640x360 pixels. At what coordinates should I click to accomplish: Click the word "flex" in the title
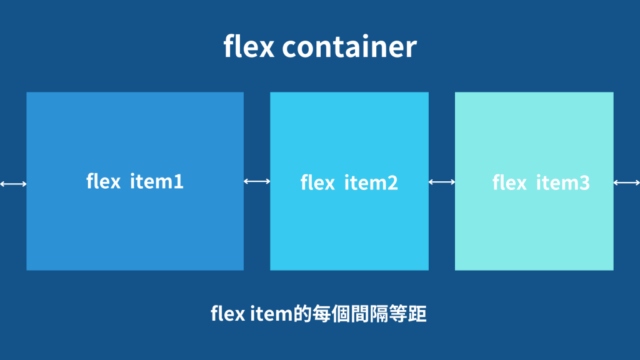coord(248,47)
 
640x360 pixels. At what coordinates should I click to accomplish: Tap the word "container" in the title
coord(349,47)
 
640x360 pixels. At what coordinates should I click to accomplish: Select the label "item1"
coord(157,182)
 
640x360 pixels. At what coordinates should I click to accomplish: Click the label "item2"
coord(371,183)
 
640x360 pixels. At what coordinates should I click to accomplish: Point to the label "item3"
coord(562,183)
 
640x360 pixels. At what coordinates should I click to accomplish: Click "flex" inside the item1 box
coord(103,181)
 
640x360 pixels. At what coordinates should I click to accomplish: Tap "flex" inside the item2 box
coord(317,182)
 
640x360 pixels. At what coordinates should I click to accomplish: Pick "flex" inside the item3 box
coord(509,182)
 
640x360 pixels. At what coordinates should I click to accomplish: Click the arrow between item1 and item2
coord(257,181)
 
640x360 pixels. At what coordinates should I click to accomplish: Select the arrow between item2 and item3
coord(442,182)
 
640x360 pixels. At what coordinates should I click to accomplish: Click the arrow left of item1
coord(13,184)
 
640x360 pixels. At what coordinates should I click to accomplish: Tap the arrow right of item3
coord(626,182)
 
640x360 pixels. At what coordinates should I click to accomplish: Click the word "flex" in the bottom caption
coord(227,313)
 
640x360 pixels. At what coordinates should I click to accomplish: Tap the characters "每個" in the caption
coord(330,313)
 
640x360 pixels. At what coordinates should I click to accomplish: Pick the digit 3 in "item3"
coord(583,183)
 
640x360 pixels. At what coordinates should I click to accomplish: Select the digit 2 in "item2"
coord(392,183)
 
